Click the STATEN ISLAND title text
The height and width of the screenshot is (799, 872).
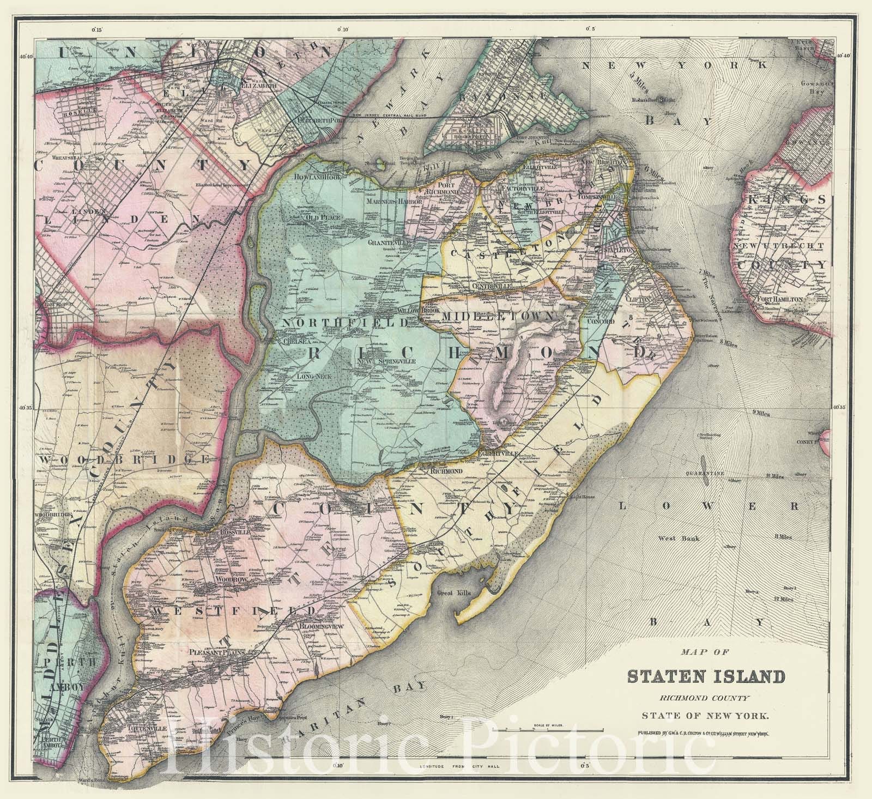[706, 677]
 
